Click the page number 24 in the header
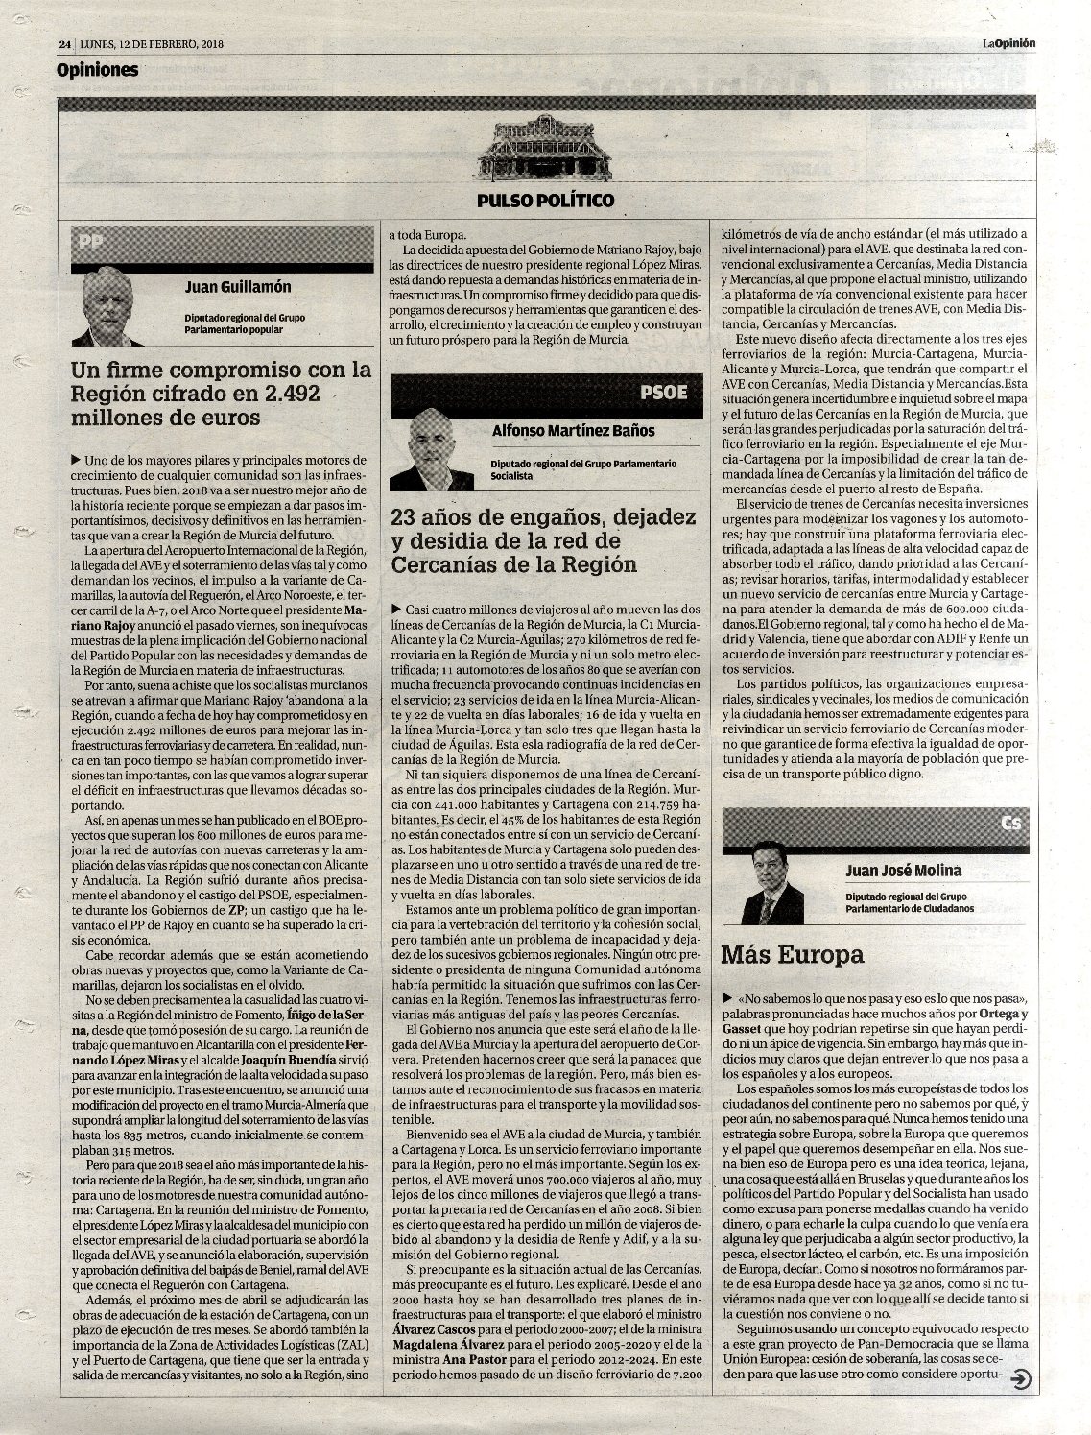coord(64,43)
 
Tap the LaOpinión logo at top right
coord(1008,42)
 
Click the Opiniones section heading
coord(97,70)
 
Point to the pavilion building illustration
coord(545,148)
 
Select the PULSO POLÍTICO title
coord(545,201)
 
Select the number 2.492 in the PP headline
coord(284,394)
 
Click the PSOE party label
coord(663,392)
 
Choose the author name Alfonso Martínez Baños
coord(573,431)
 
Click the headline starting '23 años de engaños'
coord(544,540)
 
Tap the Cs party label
coord(1009,824)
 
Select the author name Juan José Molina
coord(904,872)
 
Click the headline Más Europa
coord(793,955)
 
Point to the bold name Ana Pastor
coord(469,1360)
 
